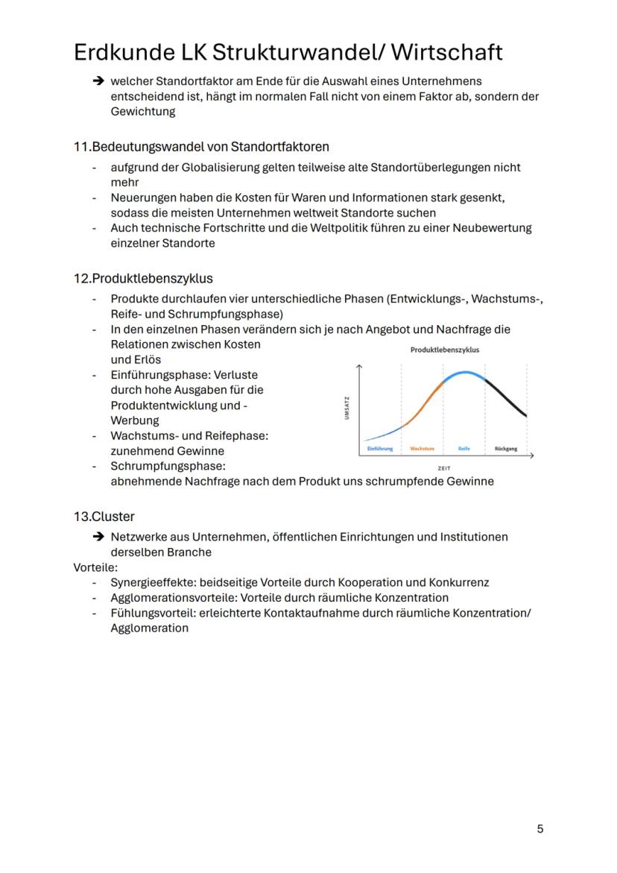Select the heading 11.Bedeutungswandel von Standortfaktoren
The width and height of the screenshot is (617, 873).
tap(201, 145)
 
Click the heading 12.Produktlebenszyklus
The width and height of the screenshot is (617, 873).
tap(143, 278)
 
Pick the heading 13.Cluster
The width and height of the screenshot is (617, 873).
tap(104, 516)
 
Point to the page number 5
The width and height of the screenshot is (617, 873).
tap(540, 828)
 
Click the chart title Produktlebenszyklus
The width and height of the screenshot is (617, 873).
tap(444, 349)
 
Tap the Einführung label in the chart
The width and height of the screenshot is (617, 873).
tap(380, 449)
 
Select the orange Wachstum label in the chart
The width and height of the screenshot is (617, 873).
tap(422, 449)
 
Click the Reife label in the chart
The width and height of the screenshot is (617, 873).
tap(463, 449)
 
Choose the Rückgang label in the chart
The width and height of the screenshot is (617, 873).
tap(505, 449)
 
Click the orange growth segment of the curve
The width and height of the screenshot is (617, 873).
tap(425, 403)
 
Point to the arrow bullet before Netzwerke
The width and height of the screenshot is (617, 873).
tap(97, 538)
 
